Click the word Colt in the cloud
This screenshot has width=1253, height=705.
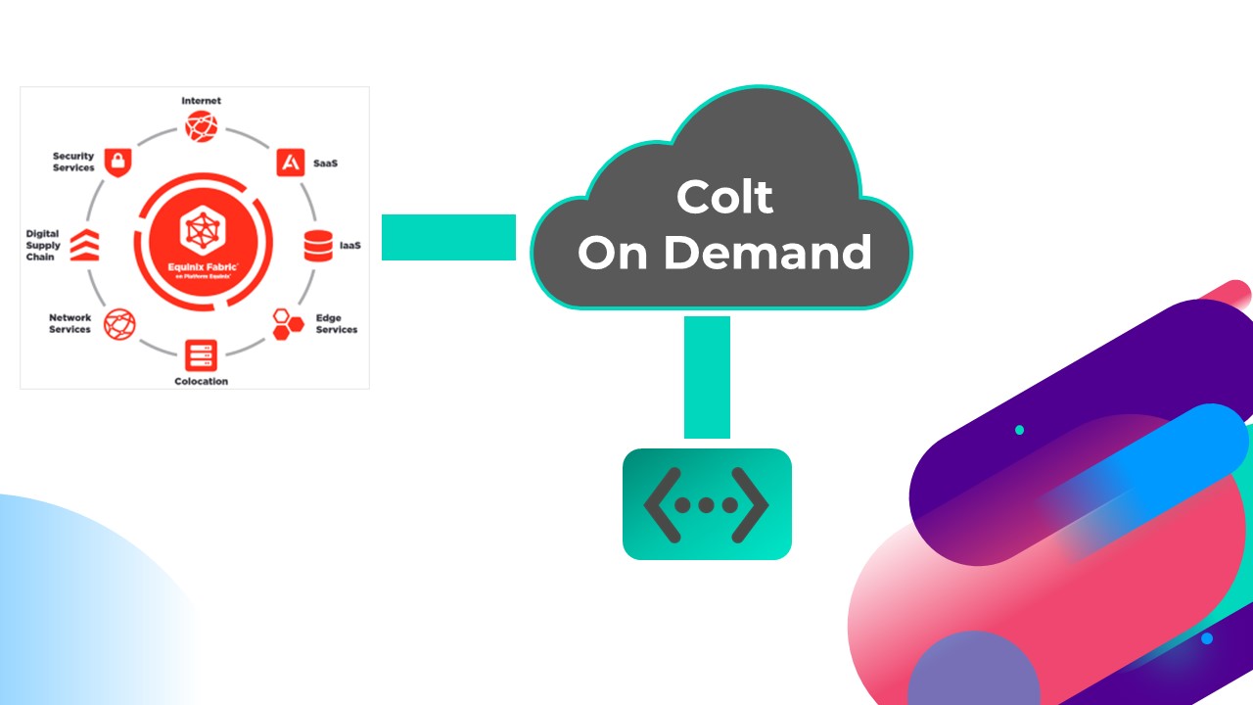[x=724, y=197]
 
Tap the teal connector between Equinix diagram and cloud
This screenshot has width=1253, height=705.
[x=448, y=238]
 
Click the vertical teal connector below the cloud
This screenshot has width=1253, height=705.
[x=707, y=377]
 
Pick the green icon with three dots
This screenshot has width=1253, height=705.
[x=707, y=504]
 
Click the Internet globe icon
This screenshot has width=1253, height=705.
[x=201, y=125]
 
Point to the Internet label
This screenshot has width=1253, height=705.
[x=201, y=101]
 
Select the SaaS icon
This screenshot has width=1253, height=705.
[x=290, y=163]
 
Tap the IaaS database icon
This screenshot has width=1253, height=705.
[x=318, y=245]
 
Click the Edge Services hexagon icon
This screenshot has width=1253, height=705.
[x=288, y=323]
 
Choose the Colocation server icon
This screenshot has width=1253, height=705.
[x=201, y=353]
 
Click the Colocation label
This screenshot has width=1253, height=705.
[x=201, y=381]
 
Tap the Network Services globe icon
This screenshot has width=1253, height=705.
[x=119, y=323]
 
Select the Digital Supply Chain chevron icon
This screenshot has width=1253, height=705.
[x=83, y=245]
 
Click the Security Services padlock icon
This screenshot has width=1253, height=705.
[x=117, y=162]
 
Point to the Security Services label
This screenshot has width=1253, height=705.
[x=73, y=162]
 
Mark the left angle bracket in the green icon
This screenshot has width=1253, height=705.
[x=661, y=504]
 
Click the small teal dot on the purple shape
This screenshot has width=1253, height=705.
[x=1019, y=430]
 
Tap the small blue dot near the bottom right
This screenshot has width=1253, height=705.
[x=1207, y=638]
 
